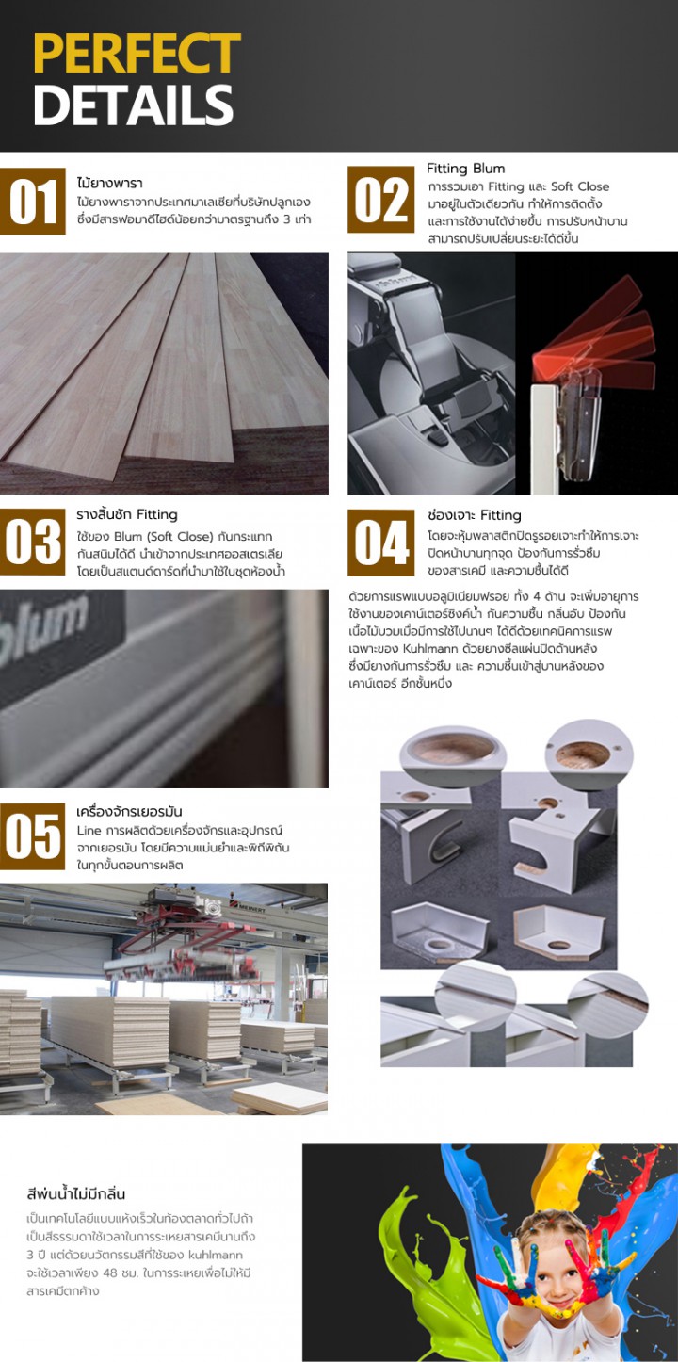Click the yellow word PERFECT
click(x=137, y=54)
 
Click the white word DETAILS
click(x=133, y=105)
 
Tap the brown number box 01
click(x=33, y=202)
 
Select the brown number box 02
click(x=381, y=200)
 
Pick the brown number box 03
click(x=33, y=543)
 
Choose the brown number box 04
click(x=381, y=543)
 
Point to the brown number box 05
click(x=33, y=836)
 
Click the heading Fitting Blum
click(x=466, y=169)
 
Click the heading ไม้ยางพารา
click(x=110, y=183)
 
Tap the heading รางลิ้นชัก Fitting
click(x=127, y=514)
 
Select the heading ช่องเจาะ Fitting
click(x=475, y=515)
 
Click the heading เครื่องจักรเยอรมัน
click(x=130, y=811)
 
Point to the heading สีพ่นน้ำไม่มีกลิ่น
click(x=76, y=1193)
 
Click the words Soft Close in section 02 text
click(x=580, y=186)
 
